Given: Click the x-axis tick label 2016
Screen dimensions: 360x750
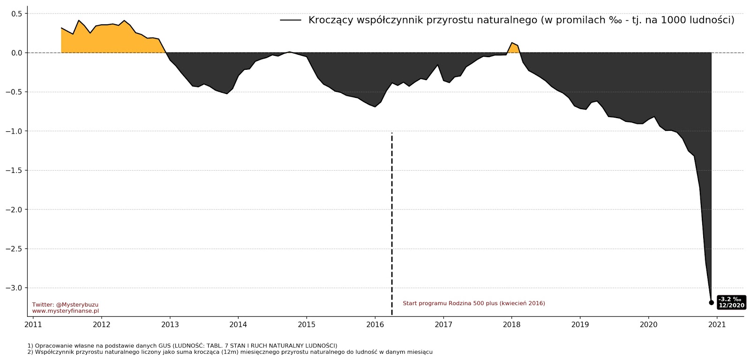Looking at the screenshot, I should point(375,324).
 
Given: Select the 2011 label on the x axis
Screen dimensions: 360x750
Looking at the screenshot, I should point(33,324).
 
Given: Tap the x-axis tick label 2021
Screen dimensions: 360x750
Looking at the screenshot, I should point(717,324).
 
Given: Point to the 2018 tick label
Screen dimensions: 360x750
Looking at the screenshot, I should point(512,324).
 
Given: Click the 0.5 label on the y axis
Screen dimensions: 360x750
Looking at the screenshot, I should point(17,14).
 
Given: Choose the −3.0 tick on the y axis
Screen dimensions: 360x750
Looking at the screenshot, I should point(14,288).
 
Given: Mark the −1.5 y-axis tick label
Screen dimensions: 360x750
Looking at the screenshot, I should point(14,170).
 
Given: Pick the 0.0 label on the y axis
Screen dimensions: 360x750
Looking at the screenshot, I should point(17,53).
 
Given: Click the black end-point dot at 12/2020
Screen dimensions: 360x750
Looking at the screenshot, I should point(711,303).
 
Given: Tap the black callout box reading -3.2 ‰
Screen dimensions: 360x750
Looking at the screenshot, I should point(731,302).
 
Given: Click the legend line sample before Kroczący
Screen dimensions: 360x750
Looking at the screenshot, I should point(291,20).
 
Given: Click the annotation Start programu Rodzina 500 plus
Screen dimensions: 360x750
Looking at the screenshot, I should point(474,303).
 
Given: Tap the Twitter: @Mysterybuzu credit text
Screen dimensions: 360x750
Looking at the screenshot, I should point(65,305).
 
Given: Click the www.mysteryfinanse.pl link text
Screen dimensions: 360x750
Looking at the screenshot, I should point(65,311).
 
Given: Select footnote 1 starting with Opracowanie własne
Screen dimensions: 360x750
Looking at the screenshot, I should point(182,346).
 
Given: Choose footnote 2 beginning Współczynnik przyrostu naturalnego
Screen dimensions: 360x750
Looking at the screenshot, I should point(230,352).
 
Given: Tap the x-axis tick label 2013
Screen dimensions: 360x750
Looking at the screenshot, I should point(170,324).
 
